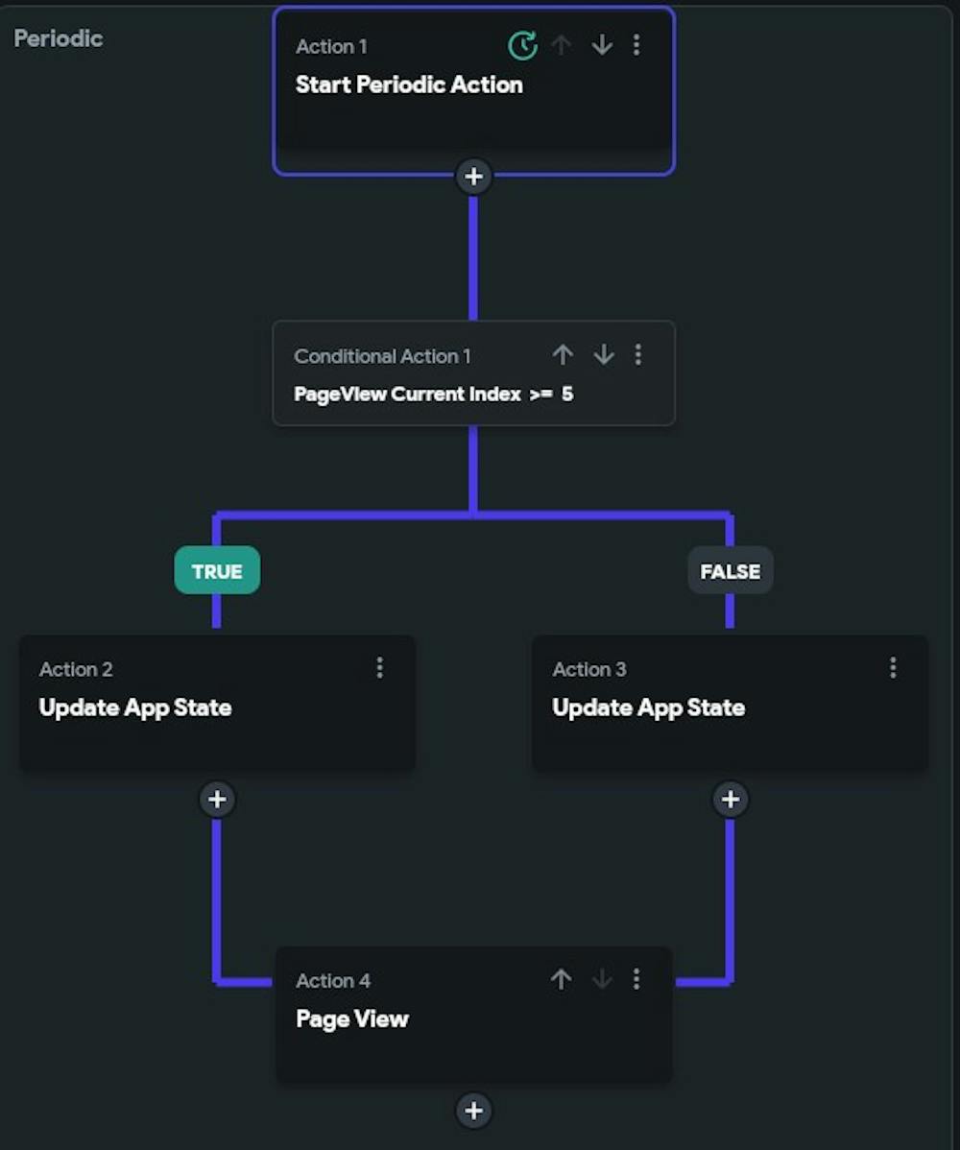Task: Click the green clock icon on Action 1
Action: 522,45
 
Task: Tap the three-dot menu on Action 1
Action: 636,45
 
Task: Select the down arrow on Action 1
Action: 602,45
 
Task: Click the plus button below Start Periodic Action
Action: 473,177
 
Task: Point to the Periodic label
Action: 59,38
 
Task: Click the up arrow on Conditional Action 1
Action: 563,355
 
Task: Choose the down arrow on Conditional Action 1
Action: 603,355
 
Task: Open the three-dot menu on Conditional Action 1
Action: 638,355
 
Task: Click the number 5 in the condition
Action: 567,394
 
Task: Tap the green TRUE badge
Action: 217,571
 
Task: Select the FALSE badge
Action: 730,571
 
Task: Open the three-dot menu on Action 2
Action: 380,667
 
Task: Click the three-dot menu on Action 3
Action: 893,667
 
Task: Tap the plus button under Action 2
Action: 217,799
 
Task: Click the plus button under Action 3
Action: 731,799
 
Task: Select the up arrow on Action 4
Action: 562,979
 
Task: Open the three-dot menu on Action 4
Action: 636,979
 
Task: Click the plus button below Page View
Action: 473,1111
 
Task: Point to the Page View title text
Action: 352,1018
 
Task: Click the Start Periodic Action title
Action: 409,84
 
